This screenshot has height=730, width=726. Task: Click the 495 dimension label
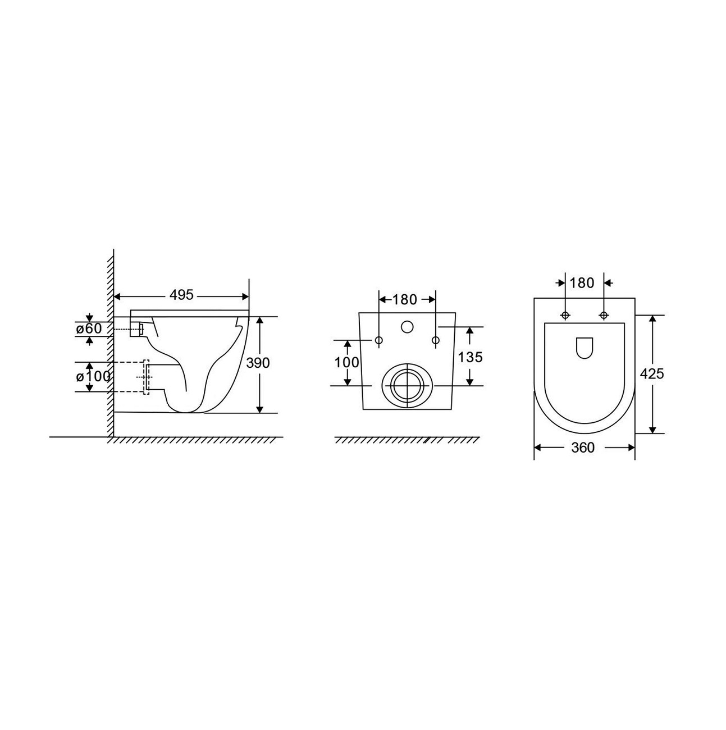pyautogui.click(x=181, y=295)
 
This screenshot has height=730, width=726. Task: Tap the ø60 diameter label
pyautogui.click(x=89, y=328)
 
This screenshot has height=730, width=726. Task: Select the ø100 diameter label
pyautogui.click(x=93, y=377)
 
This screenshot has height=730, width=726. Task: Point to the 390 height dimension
pyautogui.click(x=258, y=363)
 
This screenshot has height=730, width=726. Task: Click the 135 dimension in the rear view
pyautogui.click(x=470, y=357)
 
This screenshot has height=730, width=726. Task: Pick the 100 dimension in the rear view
pyautogui.click(x=346, y=363)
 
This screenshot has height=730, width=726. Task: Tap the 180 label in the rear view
pyautogui.click(x=404, y=300)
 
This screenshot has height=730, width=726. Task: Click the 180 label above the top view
pyautogui.click(x=582, y=282)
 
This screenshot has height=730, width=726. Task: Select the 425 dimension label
pyautogui.click(x=652, y=374)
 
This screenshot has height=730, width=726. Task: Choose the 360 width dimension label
pyautogui.click(x=583, y=448)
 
